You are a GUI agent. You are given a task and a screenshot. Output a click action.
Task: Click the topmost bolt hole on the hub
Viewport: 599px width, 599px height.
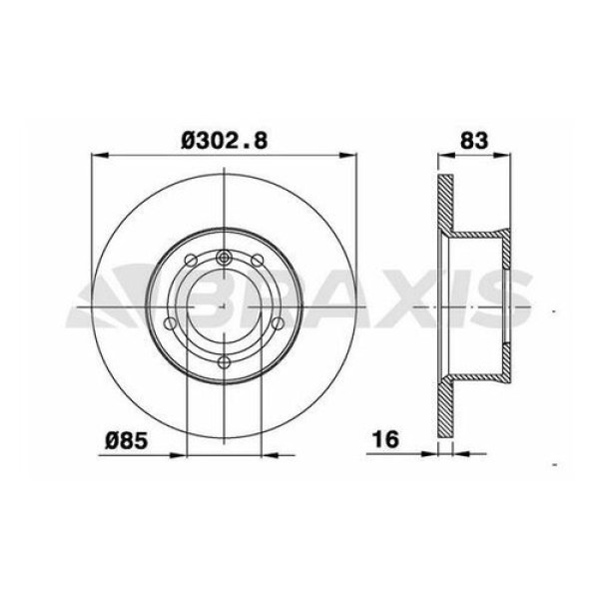tap(225, 259)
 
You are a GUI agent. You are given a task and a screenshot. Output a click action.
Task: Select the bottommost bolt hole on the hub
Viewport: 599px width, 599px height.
tap(225, 361)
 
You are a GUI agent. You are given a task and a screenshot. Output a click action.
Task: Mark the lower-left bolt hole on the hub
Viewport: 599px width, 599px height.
tap(172, 324)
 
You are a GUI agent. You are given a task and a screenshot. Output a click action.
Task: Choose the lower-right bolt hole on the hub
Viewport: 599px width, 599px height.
tap(278, 324)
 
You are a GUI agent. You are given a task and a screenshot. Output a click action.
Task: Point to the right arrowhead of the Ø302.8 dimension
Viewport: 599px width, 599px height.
tap(350, 155)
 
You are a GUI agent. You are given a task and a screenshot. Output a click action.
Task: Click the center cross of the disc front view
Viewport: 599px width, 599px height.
tap(225, 309)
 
